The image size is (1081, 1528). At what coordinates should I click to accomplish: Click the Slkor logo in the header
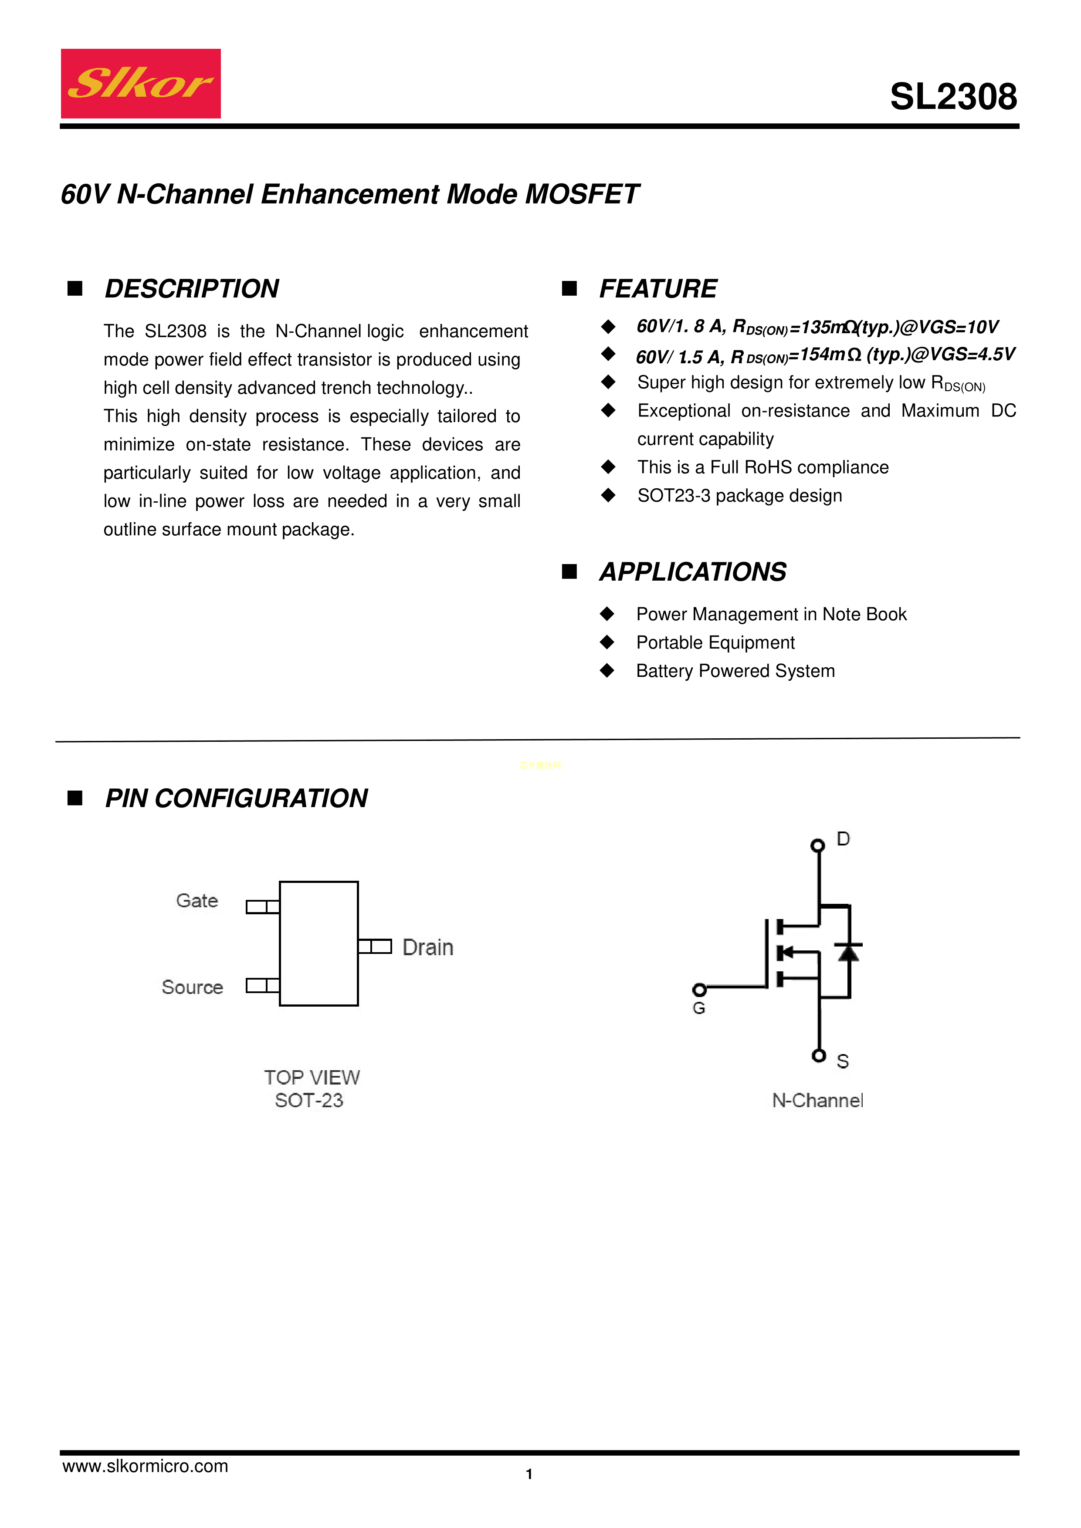[x=140, y=84]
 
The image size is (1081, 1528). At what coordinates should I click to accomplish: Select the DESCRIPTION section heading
[x=192, y=289]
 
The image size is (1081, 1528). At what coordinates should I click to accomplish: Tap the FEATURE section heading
[x=657, y=289]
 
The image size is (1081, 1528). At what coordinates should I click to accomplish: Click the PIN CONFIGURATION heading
[x=236, y=798]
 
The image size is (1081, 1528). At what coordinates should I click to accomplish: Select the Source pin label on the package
[x=193, y=987]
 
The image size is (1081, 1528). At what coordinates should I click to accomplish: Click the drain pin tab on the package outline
[x=375, y=947]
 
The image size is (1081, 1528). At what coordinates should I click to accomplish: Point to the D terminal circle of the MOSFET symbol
[x=817, y=845]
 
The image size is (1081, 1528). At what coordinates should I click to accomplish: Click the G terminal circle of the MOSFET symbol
[x=699, y=990]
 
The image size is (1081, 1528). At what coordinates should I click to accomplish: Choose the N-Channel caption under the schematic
[x=817, y=1101]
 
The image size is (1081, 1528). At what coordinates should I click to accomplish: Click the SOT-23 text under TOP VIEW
[x=309, y=1101]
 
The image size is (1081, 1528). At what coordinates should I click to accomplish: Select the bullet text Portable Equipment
[x=715, y=643]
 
